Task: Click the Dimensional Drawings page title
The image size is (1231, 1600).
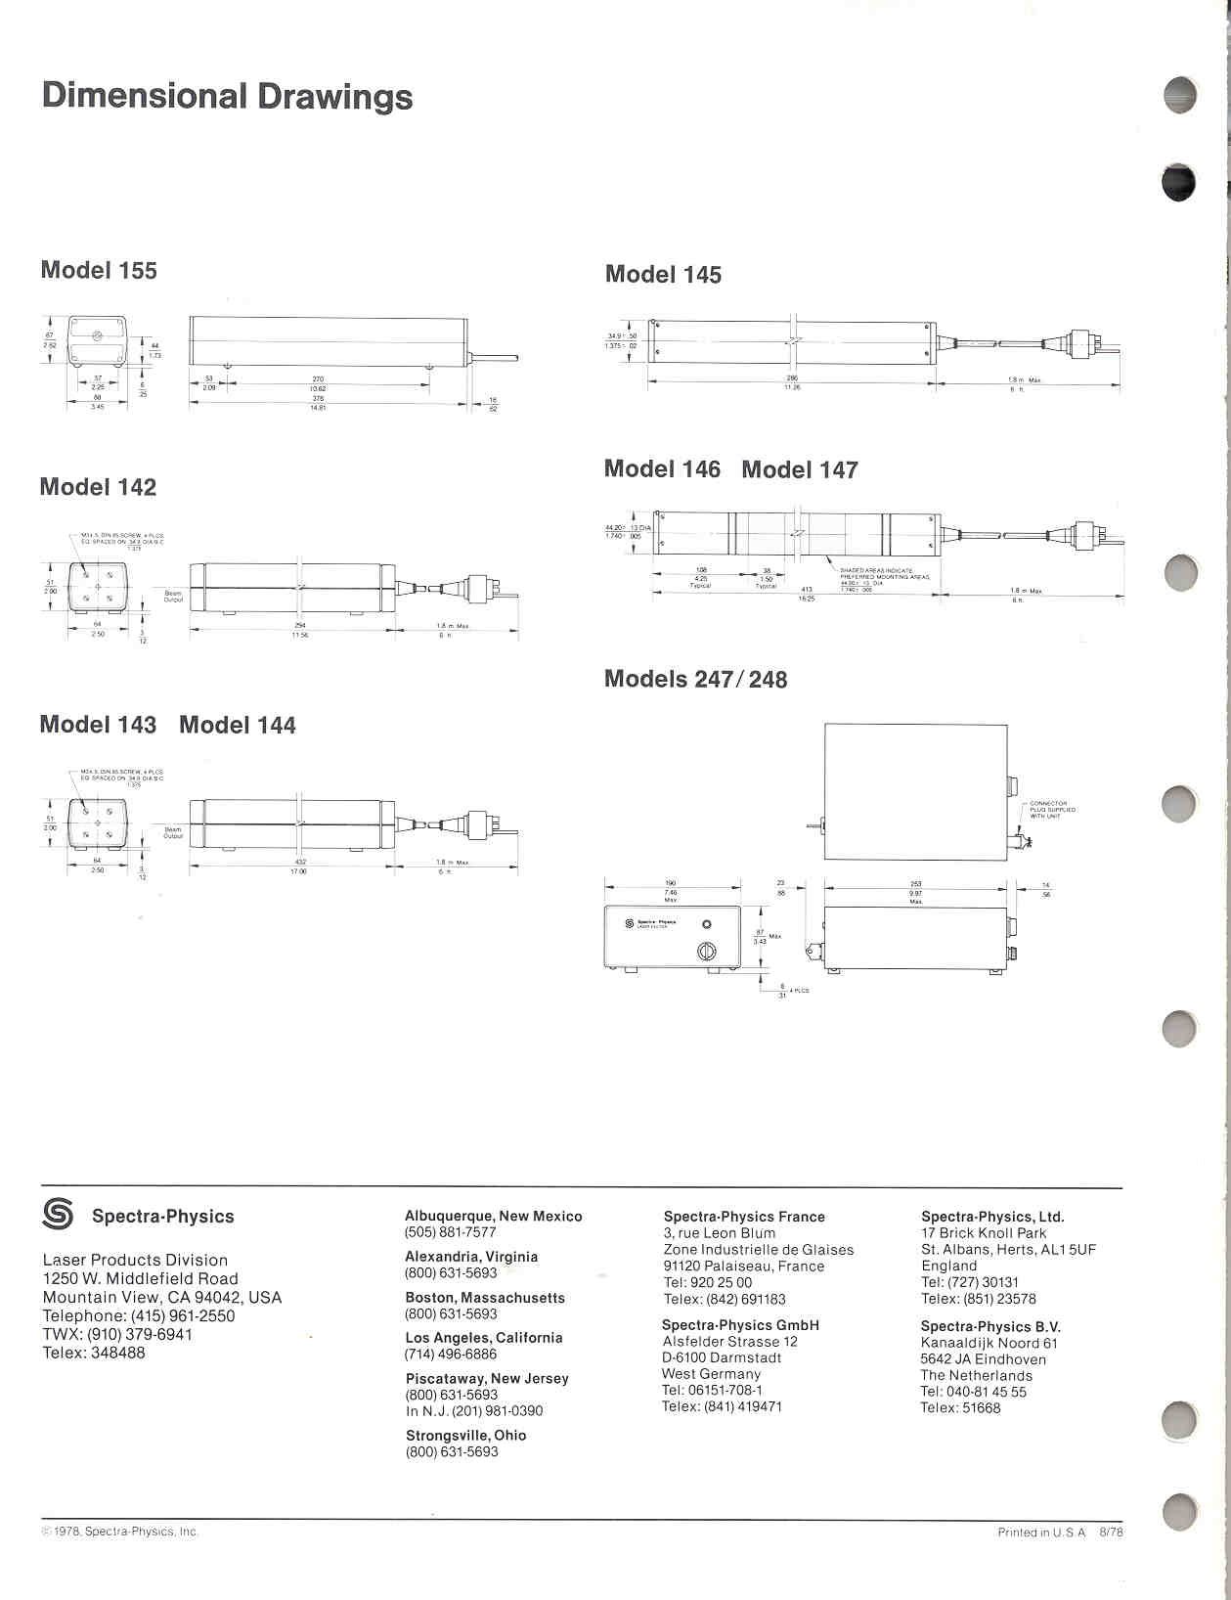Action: pos(227,97)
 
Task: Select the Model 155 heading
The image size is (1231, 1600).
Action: pos(99,271)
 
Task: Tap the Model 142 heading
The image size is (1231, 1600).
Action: pos(98,487)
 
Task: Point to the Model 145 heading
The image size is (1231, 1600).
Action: pos(663,275)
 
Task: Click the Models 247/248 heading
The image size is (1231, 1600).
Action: pos(695,679)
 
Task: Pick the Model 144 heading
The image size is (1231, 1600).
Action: pos(238,725)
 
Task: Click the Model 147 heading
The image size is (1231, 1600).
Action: pos(800,470)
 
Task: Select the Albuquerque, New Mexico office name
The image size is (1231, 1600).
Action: pos(494,1217)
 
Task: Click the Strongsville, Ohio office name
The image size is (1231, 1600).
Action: pos(466,1436)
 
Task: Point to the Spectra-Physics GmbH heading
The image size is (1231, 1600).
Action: pos(740,1325)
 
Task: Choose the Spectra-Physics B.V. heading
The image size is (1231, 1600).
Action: pos(990,1327)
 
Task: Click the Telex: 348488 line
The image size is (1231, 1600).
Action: pos(94,1353)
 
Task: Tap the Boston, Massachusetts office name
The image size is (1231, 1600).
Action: pos(485,1298)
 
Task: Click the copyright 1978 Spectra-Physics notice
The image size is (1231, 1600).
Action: pos(120,1532)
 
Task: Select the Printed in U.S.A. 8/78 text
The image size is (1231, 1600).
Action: pos(1060,1533)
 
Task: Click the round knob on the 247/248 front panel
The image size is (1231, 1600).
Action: pos(706,951)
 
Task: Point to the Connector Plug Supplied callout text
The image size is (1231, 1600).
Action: pos(1052,810)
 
